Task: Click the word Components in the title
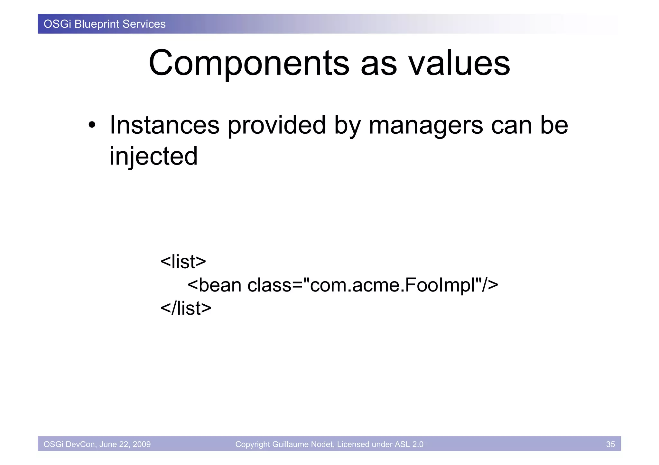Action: pyautogui.click(x=249, y=63)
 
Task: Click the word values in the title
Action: pyautogui.click(x=459, y=63)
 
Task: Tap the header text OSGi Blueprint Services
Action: pyautogui.click(x=105, y=24)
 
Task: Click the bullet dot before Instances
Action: pyautogui.click(x=92, y=125)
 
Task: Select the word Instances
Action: pyautogui.click(x=164, y=125)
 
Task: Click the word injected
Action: pyautogui.click(x=153, y=156)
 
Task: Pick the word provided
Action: pyautogui.click(x=277, y=125)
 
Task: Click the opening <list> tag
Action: pyautogui.click(x=183, y=262)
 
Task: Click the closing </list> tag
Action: pyautogui.click(x=186, y=308)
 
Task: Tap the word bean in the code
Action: pyautogui.click(x=220, y=285)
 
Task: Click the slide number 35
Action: pyautogui.click(x=610, y=444)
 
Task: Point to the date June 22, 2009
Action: pyautogui.click(x=125, y=444)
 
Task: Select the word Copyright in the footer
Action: pyautogui.click(x=253, y=444)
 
